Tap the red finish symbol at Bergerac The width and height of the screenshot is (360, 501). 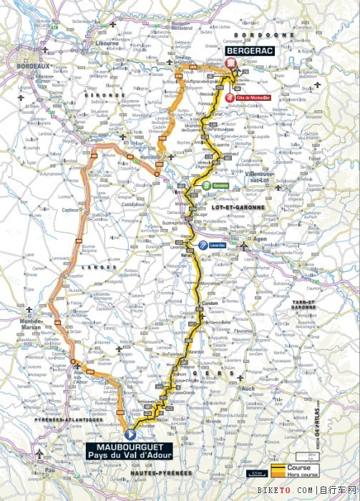pos(230,64)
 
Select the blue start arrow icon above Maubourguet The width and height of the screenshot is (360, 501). pos(130,434)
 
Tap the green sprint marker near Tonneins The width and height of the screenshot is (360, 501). pos(206,185)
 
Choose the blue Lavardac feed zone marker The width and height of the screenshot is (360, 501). pos(203,245)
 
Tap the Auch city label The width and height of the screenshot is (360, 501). pos(250,389)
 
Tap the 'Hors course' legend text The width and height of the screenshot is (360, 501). pos(303,473)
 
